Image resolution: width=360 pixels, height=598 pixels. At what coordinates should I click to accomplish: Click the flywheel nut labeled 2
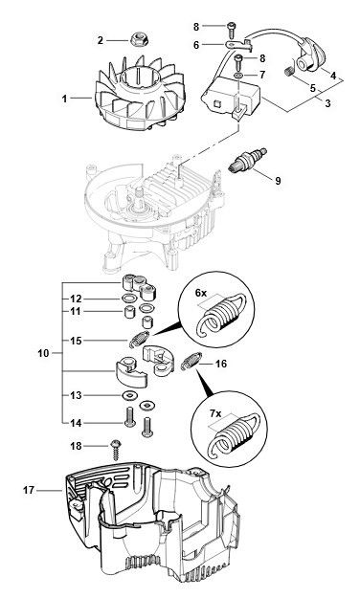click(138, 39)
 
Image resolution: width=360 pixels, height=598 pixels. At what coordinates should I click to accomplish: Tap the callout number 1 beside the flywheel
click(64, 99)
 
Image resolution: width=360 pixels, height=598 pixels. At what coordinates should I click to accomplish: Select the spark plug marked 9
click(248, 160)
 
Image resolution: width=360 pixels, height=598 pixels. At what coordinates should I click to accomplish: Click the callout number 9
click(278, 180)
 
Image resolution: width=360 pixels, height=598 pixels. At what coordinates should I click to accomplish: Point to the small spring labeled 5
click(290, 71)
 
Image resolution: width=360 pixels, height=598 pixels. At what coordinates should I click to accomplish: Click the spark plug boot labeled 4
click(312, 54)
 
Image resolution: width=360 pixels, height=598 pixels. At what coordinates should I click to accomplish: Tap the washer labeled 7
click(237, 75)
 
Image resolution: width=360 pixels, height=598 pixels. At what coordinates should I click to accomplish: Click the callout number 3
click(327, 103)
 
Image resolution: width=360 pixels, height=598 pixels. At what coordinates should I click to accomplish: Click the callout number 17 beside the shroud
click(29, 490)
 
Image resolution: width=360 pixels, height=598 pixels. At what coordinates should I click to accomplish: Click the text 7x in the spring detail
click(215, 413)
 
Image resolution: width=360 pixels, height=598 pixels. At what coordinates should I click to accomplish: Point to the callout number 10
click(43, 353)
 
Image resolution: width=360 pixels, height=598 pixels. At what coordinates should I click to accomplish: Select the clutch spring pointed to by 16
click(191, 361)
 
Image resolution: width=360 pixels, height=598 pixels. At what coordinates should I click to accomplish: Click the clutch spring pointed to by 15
click(139, 340)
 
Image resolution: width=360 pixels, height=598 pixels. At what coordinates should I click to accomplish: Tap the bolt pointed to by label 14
click(130, 416)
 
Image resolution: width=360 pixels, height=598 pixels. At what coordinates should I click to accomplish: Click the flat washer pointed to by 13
click(130, 395)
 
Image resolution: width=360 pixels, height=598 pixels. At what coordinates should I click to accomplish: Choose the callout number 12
click(76, 299)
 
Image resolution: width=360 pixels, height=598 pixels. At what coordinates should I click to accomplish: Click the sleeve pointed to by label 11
click(128, 311)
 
